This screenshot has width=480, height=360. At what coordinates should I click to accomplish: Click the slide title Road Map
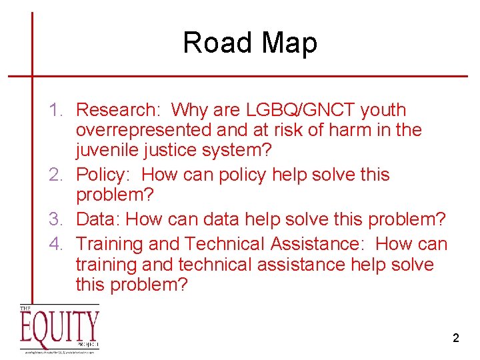pyautogui.click(x=250, y=43)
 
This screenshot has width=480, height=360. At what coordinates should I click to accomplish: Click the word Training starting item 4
pyautogui.click(x=115, y=245)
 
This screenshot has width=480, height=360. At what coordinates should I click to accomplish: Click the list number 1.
pyautogui.click(x=58, y=110)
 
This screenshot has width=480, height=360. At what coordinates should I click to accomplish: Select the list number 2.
pyautogui.click(x=58, y=175)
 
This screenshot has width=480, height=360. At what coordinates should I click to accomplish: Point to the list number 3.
pyautogui.click(x=58, y=219)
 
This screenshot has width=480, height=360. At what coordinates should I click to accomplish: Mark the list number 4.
pyautogui.click(x=58, y=245)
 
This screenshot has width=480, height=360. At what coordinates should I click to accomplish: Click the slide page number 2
pyautogui.click(x=455, y=338)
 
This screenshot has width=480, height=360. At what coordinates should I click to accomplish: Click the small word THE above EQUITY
pyautogui.click(x=25, y=309)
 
